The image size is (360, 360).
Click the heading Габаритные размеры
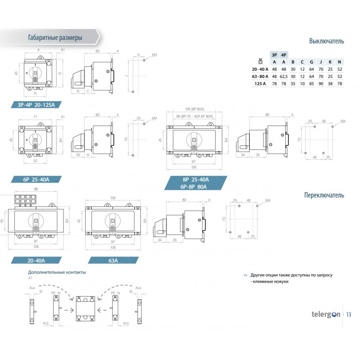[x=54, y=38]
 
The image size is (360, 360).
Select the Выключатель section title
[x=326, y=41]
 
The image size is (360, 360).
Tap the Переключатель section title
[x=324, y=195]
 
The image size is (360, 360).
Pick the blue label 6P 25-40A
[x=36, y=179]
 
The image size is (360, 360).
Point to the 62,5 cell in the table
[x=283, y=76]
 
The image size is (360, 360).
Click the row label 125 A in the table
[x=261, y=84]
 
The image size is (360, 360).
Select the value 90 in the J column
[x=320, y=84]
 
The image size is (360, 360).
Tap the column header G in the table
[x=311, y=62]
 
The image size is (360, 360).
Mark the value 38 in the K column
[x=330, y=84]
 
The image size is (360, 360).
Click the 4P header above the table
[x=283, y=54]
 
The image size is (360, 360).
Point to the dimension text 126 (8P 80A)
[x=195, y=109]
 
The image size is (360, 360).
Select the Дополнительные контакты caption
[x=57, y=272]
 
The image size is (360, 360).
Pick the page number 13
[x=349, y=314]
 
